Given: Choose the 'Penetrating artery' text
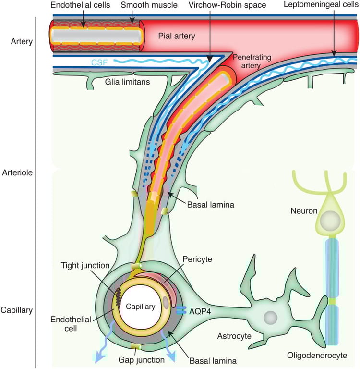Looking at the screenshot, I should point(252,61).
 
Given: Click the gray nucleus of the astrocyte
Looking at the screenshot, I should point(270,317).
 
